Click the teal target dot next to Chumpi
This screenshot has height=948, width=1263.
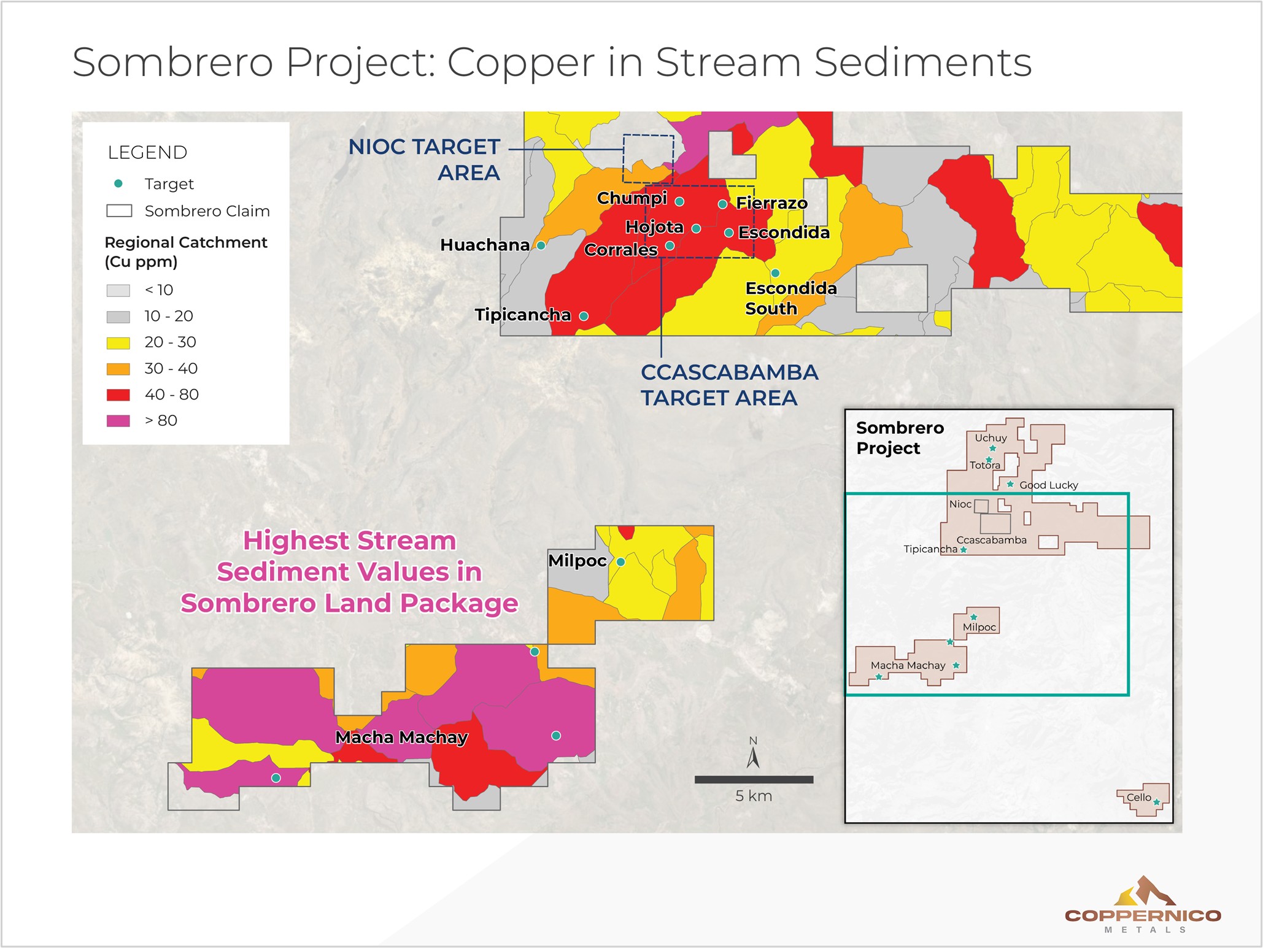679,201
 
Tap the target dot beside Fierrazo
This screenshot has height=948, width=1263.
723,204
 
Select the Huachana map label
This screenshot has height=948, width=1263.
485,245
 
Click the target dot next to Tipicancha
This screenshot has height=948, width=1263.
584,316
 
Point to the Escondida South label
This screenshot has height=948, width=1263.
790,298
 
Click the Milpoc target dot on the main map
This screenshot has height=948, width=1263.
620,561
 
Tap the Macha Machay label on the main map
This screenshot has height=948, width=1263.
401,737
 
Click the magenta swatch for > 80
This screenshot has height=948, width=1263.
118,421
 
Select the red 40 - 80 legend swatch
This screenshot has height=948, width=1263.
118,395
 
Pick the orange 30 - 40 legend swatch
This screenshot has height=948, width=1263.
118,369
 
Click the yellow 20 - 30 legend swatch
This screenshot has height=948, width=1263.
118,342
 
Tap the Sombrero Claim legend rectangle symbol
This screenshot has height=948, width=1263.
119,211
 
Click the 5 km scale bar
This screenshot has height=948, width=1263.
754,779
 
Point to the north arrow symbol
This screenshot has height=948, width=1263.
753,755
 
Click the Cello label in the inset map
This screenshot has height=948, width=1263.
1138,797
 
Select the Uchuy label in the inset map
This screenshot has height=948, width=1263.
991,437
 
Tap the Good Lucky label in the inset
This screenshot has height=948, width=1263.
1048,485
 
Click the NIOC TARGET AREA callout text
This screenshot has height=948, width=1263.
425,160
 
